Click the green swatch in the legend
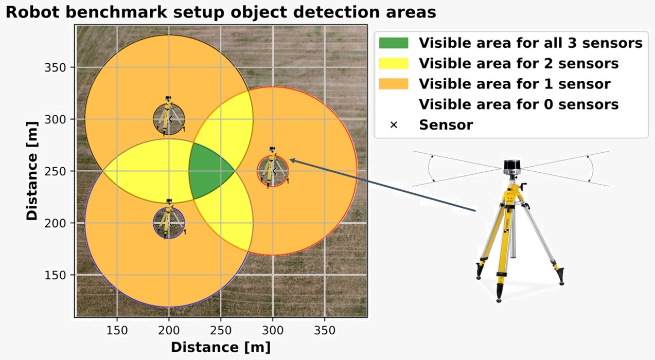click(393, 43)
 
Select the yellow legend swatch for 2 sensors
click(393, 63)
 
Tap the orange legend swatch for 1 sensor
click(393, 84)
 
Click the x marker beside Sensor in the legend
click(394, 125)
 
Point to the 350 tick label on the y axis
click(55, 67)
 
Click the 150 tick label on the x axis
click(117, 331)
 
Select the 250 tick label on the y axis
click(55, 171)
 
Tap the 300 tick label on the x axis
click(273, 331)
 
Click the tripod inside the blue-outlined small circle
click(169, 219)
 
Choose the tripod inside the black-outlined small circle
click(169, 116)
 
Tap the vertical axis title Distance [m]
click(31, 171)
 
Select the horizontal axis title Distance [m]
click(221, 348)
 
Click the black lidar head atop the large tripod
click(512, 168)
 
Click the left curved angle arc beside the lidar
click(429, 169)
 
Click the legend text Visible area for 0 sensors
click(519, 104)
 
